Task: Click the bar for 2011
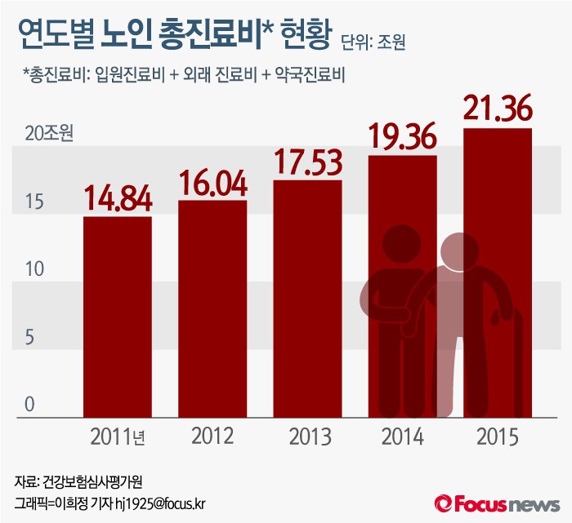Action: [118, 317]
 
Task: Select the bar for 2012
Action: [212, 308]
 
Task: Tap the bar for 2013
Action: [307, 299]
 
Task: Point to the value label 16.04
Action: [212, 183]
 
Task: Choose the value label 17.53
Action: [308, 162]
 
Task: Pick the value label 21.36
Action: [498, 109]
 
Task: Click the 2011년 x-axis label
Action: [118, 437]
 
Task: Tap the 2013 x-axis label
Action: [308, 437]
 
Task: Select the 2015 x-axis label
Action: [498, 437]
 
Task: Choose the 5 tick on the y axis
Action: [29, 337]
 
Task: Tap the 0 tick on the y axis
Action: [29, 405]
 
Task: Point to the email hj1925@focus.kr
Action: [160, 503]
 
